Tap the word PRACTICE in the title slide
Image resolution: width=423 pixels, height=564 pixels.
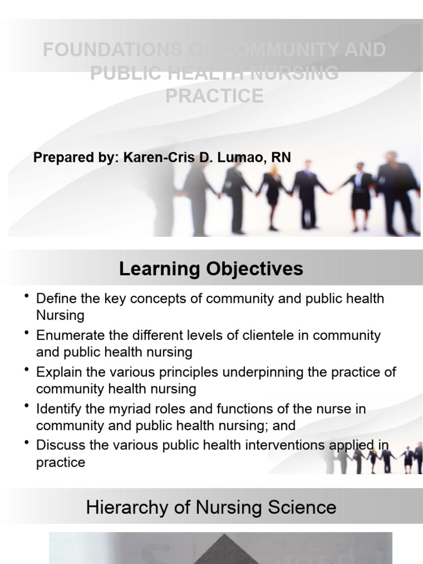tap(214, 96)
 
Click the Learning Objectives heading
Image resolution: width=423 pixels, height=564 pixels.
tap(211, 269)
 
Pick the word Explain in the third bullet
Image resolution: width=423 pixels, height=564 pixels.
tap(57, 372)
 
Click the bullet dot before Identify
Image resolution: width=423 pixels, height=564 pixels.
tap(26, 406)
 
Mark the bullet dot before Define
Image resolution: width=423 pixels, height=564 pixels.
tap(26, 296)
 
